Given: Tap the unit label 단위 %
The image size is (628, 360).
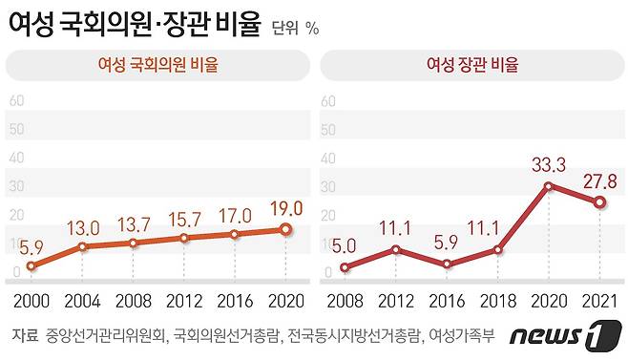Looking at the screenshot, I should [295, 28].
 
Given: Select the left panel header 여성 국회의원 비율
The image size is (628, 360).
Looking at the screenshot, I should [157, 65].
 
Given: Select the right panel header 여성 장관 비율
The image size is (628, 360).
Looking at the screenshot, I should [471, 65].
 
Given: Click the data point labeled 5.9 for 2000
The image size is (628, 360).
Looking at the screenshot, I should [31, 266].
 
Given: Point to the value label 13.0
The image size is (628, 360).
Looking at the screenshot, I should [85, 228].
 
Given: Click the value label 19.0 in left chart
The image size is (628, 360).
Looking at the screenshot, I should [285, 207].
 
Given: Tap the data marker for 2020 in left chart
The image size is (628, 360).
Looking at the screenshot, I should [284, 229].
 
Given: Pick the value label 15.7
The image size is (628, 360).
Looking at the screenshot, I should [185, 220].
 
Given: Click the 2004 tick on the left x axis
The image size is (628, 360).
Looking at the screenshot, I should [82, 303].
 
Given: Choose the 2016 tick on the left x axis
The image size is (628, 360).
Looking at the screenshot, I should [234, 303].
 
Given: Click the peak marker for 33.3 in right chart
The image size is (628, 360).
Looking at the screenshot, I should [548, 186].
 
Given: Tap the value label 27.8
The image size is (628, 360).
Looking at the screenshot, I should [598, 180].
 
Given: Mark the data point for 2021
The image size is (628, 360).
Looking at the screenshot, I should [598, 202].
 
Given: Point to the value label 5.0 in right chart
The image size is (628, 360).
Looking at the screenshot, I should [345, 244].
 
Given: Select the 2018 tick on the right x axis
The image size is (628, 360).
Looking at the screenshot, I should [496, 303].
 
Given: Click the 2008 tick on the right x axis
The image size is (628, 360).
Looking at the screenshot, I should [345, 303].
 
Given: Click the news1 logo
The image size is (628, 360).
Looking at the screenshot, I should [558, 336].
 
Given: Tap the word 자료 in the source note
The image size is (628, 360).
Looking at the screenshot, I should [26, 335].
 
